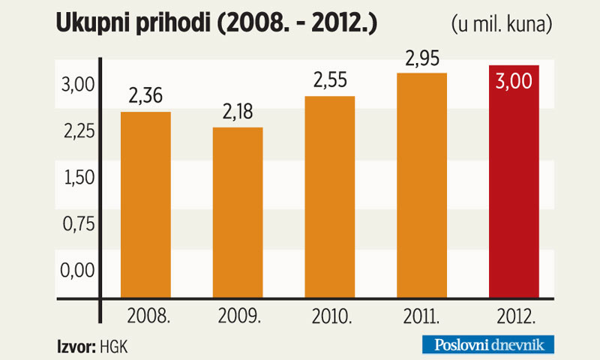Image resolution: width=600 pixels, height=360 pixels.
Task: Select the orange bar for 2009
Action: tap(238, 214)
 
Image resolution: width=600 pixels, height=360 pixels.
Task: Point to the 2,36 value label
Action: tap(145, 97)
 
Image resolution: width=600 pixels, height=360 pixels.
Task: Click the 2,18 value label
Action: tap(238, 112)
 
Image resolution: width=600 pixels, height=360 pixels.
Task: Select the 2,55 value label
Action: tap(329, 81)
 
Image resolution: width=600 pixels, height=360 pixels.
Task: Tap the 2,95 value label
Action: tap(421, 58)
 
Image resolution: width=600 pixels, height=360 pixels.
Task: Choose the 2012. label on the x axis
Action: tap(514, 316)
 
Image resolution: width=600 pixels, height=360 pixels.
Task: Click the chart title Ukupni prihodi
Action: tap(216, 25)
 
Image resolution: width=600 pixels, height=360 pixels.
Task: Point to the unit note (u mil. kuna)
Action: tap(502, 25)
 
